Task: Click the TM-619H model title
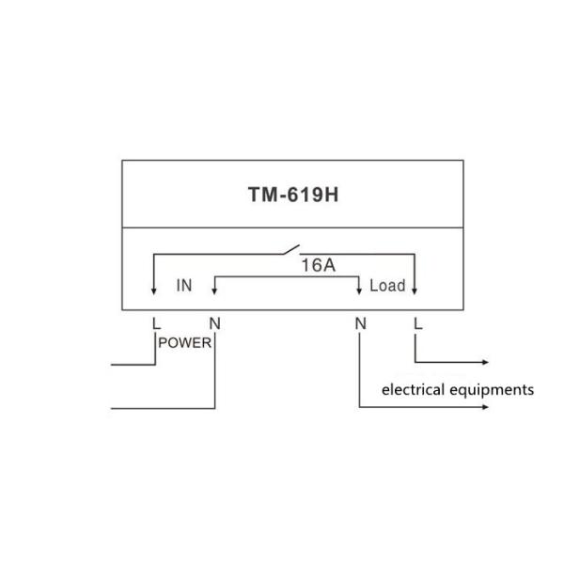point(293,195)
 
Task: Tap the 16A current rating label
point(319,265)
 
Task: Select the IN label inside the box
point(184,286)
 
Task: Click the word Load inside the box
point(387,286)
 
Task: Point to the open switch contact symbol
point(291,249)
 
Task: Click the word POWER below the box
point(184,343)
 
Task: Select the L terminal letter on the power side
point(156,323)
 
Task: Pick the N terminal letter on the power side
point(214,323)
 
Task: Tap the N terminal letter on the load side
point(360,323)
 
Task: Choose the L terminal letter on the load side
point(417,323)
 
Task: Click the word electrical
point(413,390)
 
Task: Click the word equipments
point(492,391)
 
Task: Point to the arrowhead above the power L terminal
point(153,291)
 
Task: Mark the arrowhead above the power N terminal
point(214,291)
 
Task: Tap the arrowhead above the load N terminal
point(359,291)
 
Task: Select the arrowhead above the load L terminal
point(415,291)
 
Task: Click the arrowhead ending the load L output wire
point(485,362)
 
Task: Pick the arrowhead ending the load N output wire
point(485,407)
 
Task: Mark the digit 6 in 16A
point(316,265)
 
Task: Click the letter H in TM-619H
point(332,195)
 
